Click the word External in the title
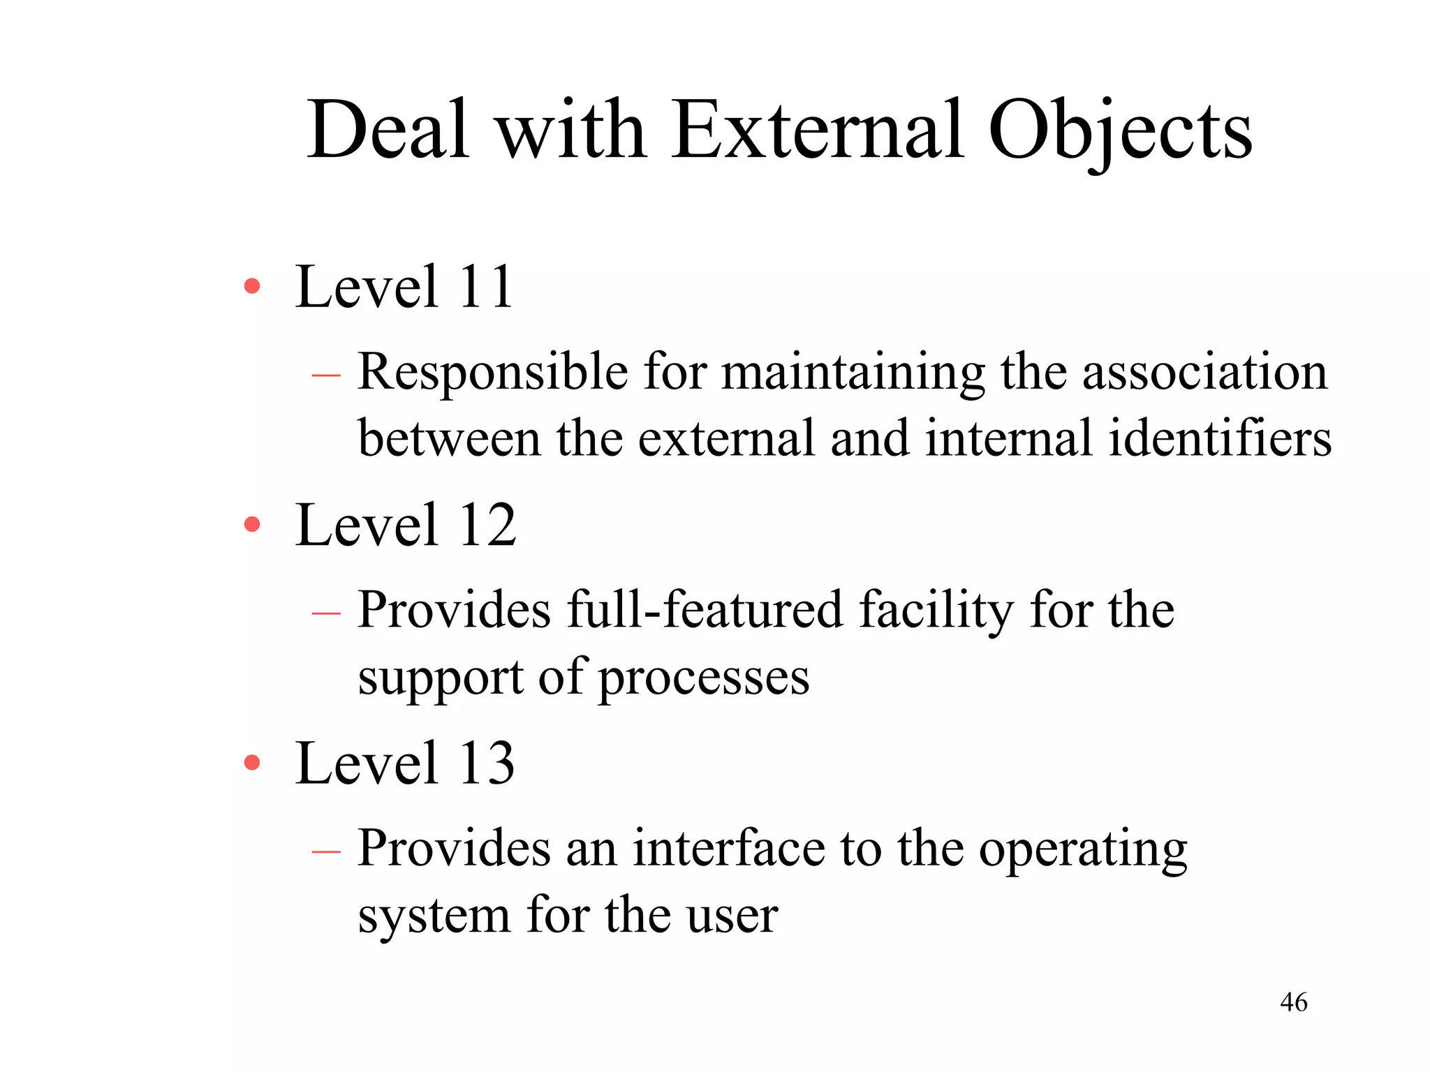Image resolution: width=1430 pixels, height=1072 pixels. click(818, 131)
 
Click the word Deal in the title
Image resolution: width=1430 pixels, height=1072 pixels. click(388, 131)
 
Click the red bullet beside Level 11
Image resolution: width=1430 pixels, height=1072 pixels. click(252, 286)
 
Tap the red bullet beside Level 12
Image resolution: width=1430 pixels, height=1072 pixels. click(252, 524)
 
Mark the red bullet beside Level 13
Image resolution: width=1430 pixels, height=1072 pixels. click(252, 762)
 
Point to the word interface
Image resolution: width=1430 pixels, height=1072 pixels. click(729, 849)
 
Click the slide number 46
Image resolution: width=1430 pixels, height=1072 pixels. click(1293, 1002)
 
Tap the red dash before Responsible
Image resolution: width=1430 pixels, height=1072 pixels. click(326, 375)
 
